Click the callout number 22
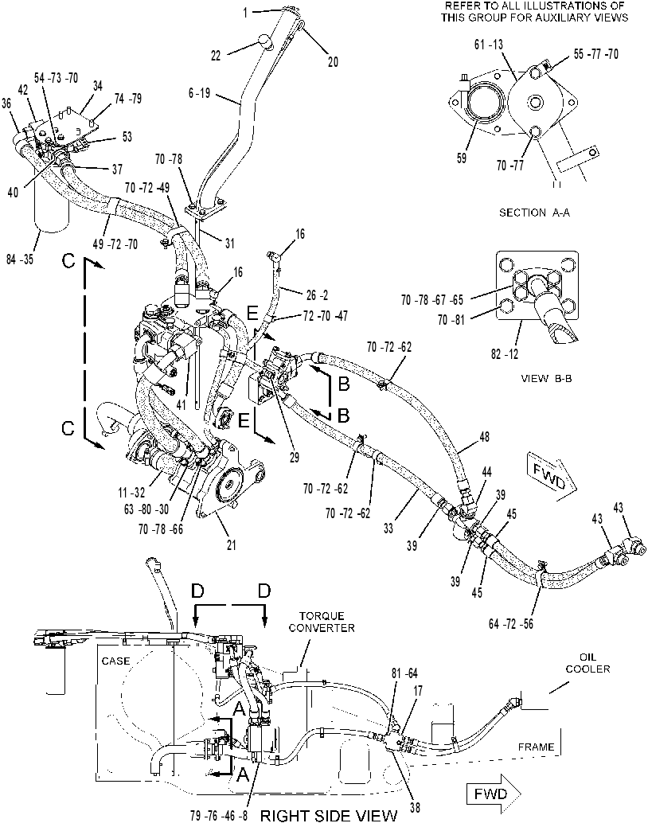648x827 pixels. tap(216, 55)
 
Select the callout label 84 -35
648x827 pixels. tap(20, 259)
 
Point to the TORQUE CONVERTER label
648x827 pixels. tap(322, 622)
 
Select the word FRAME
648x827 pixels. tap(536, 747)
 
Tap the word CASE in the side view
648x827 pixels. tap(115, 661)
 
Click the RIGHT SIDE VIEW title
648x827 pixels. tap(330, 815)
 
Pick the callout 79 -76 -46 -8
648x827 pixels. tap(218, 814)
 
